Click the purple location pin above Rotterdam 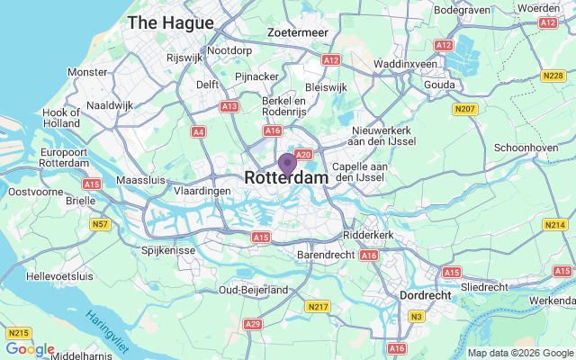click(287, 164)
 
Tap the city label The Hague click(171, 22)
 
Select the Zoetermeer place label click(298, 32)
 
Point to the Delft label click(208, 85)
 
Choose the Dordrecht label click(426, 293)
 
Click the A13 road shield click(229, 106)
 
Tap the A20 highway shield click(302, 155)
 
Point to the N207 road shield click(464, 110)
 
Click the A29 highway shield click(253, 324)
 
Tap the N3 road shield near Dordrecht click(417, 316)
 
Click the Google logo click(30, 349)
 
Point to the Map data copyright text click(519, 353)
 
